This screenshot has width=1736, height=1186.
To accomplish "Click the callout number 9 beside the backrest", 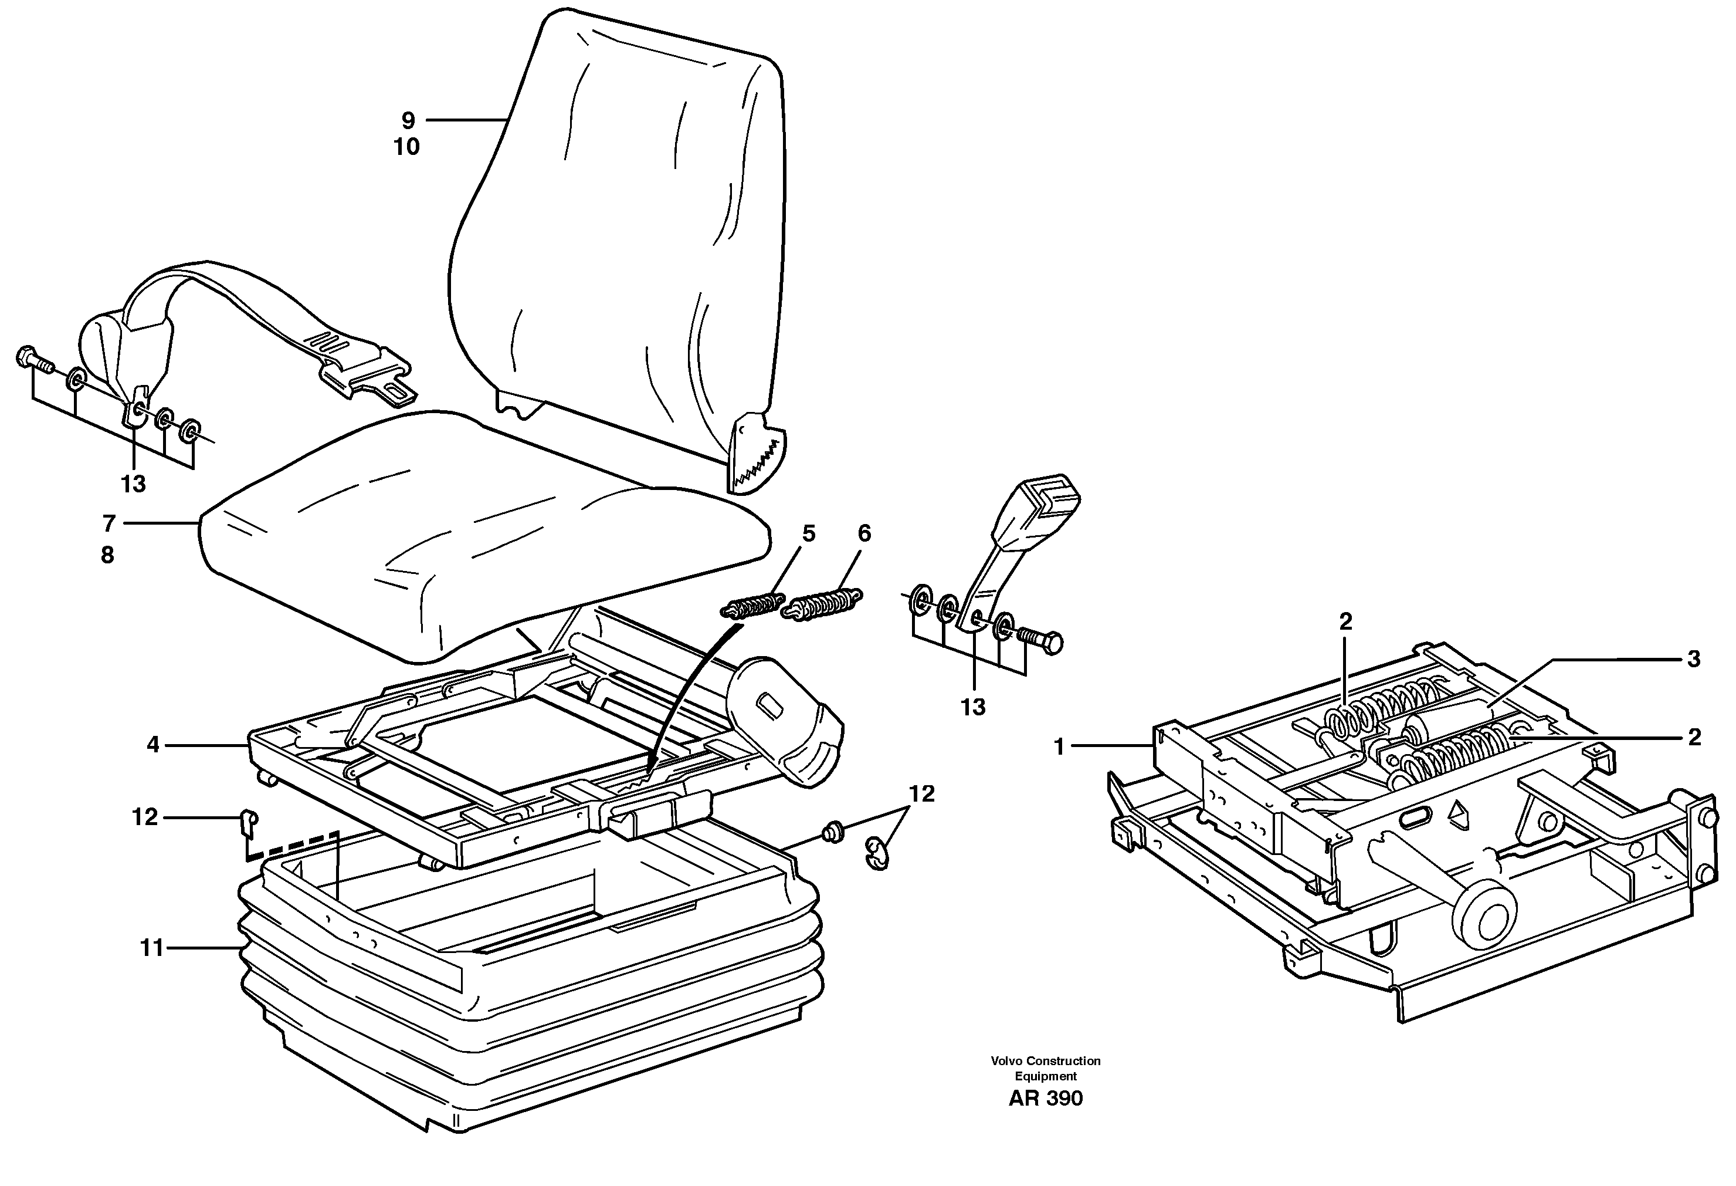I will click(x=408, y=120).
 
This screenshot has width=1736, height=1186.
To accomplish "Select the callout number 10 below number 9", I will click(x=407, y=147).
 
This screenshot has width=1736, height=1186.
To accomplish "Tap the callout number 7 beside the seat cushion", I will click(x=109, y=524).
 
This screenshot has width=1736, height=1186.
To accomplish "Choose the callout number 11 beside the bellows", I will click(x=152, y=948).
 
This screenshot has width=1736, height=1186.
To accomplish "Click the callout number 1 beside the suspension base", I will click(x=1059, y=746).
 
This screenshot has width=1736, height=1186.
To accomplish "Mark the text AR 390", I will click(x=1045, y=1098).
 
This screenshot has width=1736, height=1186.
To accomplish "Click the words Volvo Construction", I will click(x=1045, y=1060).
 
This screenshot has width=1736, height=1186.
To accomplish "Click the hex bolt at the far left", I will click(x=33, y=360).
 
